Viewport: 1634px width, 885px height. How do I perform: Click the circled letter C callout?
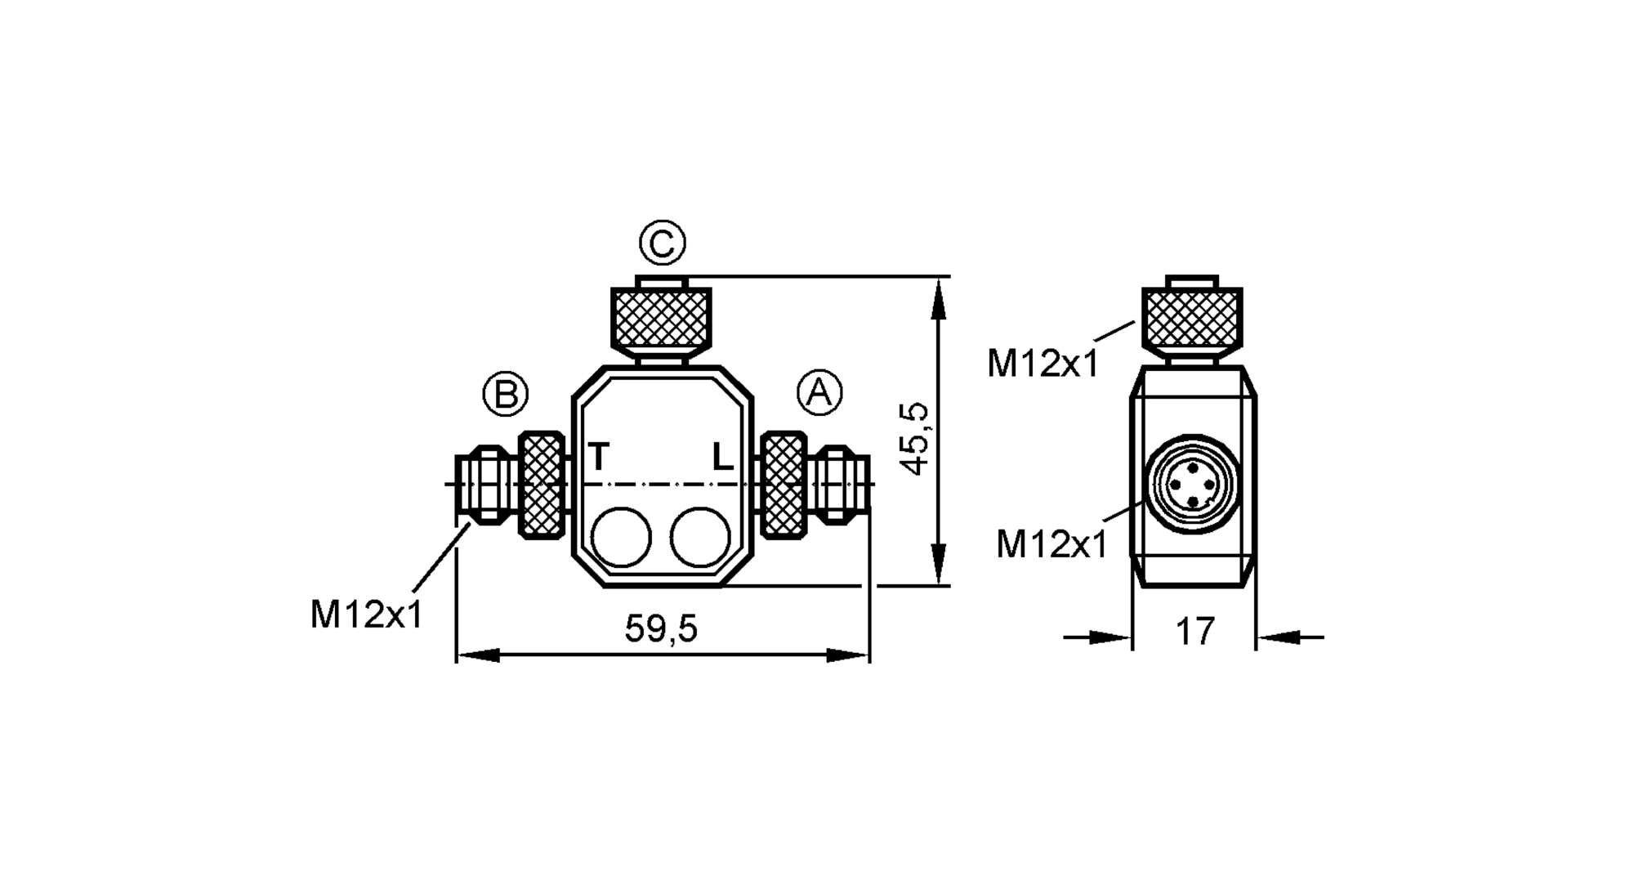click(x=662, y=243)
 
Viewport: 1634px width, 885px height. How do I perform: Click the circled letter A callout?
click(x=819, y=393)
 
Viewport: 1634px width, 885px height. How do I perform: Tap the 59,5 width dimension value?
click(x=661, y=629)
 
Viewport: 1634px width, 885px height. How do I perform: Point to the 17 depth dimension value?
click(x=1194, y=632)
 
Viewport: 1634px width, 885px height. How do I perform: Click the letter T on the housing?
click(x=599, y=457)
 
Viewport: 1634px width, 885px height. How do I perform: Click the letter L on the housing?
click(x=722, y=457)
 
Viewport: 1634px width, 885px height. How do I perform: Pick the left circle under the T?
click(x=621, y=537)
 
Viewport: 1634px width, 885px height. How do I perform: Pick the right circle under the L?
click(x=700, y=537)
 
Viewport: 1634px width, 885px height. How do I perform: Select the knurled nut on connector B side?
click(x=542, y=485)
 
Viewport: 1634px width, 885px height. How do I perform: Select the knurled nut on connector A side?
click(x=783, y=485)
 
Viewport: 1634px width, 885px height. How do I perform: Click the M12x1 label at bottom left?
click(x=367, y=615)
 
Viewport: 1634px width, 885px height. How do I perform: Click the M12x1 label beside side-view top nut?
click(x=1043, y=364)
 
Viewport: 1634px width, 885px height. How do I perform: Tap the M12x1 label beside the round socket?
click(x=1051, y=544)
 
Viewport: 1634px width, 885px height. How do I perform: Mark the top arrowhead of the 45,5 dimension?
click(x=939, y=294)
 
